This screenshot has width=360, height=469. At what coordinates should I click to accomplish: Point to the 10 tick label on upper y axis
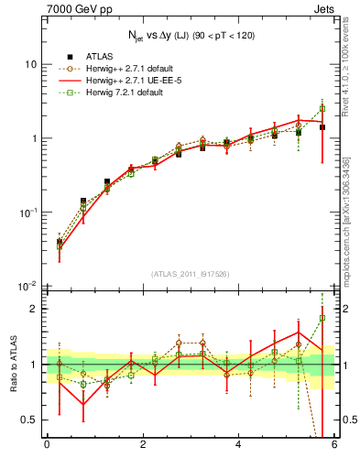(30, 65)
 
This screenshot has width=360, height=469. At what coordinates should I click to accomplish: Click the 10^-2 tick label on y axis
(27, 286)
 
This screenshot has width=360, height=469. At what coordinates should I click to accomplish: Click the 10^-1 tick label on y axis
(27, 213)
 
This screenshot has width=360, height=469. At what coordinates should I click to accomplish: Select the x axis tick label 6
(334, 445)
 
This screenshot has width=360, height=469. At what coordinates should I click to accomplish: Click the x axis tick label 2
(142, 445)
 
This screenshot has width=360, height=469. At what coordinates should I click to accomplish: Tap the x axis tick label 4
(238, 445)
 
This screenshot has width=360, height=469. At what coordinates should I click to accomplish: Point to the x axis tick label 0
(46, 445)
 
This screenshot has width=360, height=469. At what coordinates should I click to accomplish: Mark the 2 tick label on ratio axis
(34, 309)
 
